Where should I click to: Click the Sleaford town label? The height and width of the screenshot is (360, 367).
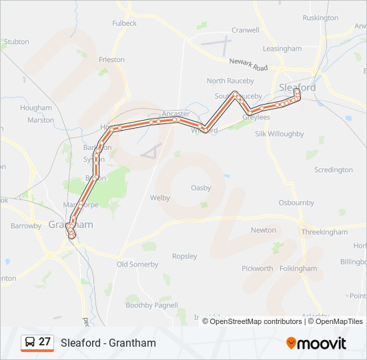pos(298,87)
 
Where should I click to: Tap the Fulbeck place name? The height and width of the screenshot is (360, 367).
pos(124,23)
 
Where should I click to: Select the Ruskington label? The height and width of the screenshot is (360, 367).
pos(320,18)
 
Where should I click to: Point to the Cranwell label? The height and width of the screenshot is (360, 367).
pos(245,30)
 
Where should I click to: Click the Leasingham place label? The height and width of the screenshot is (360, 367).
pos(282,49)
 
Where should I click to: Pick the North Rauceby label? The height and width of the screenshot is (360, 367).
pos(230,81)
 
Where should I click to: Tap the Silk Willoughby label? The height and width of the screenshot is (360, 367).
pos(280,134)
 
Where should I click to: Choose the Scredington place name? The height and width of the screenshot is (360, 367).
pos(333,170)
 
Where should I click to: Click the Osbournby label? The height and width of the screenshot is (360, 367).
pos(296,202)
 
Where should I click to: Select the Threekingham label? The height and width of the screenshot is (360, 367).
pos(324,232)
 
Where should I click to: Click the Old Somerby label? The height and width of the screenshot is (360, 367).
pos(137,265)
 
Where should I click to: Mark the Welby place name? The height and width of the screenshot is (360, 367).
pos(160,198)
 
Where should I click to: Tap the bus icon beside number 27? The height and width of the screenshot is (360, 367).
pos(30,342)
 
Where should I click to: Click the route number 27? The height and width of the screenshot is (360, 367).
pos(45,342)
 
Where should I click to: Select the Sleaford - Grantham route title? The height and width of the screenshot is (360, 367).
pos(108,343)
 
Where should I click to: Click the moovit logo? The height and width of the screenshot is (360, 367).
pos(316,343)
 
